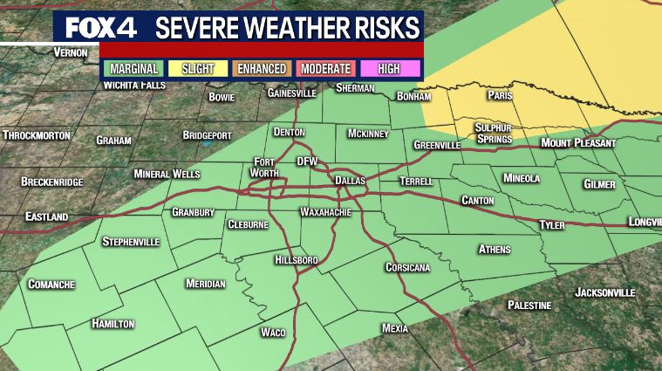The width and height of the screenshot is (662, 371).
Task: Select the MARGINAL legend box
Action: coord(134,68)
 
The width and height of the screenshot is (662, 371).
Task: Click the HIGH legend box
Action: coord(389,68)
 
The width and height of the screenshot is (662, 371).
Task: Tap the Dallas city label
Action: coord(351,181)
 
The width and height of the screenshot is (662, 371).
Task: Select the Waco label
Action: coord(273,332)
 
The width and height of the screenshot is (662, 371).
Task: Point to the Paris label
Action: coord(501,95)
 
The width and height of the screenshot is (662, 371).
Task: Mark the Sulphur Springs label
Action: coord(493,133)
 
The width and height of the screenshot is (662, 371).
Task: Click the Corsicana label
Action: coord(408,267)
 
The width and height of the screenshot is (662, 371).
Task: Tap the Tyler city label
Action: coord(552,225)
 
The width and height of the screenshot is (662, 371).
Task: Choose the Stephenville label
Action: coord(132,241)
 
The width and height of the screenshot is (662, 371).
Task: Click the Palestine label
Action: coord(529,305)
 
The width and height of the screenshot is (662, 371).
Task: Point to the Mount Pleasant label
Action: coord(578,142)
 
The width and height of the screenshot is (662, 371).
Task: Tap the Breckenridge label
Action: coord(52,182)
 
